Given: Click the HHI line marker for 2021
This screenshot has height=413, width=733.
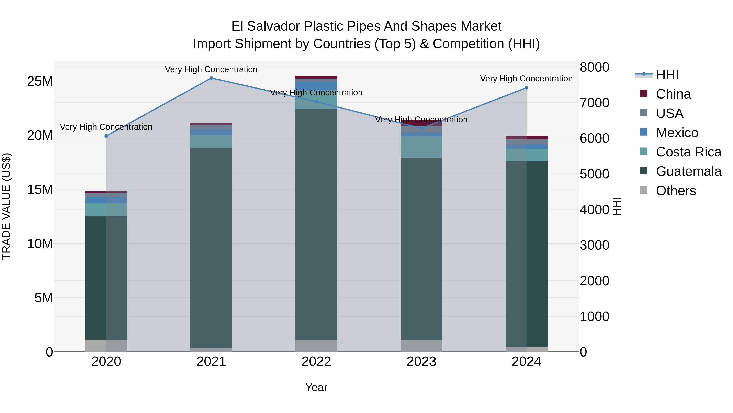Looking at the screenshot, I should pyautogui.click(x=211, y=78).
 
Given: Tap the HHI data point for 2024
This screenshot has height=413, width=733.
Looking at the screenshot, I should pyautogui.click(x=526, y=88).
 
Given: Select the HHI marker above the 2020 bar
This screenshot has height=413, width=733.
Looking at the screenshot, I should pyautogui.click(x=106, y=136).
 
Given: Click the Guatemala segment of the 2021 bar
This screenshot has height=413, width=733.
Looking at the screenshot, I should pyautogui.click(x=211, y=248).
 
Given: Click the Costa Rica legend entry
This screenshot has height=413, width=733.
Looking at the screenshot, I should pyautogui.click(x=688, y=152).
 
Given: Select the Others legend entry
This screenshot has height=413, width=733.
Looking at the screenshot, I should pyautogui.click(x=676, y=191).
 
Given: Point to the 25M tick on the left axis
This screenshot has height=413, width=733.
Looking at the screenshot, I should pyautogui.click(x=40, y=82).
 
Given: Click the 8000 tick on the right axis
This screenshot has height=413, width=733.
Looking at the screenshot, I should pyautogui.click(x=594, y=67).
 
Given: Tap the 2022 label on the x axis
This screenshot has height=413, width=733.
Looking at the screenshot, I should pyautogui.click(x=316, y=362).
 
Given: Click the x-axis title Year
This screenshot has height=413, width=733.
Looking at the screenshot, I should pyautogui.click(x=316, y=387).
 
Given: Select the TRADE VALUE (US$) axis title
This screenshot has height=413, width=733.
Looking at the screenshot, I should pyautogui.click(x=6, y=206).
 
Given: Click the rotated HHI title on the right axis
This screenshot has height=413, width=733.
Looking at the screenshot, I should pyautogui.click(x=617, y=206).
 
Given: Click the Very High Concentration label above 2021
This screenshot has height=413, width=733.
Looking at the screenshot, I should pyautogui.click(x=211, y=69).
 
